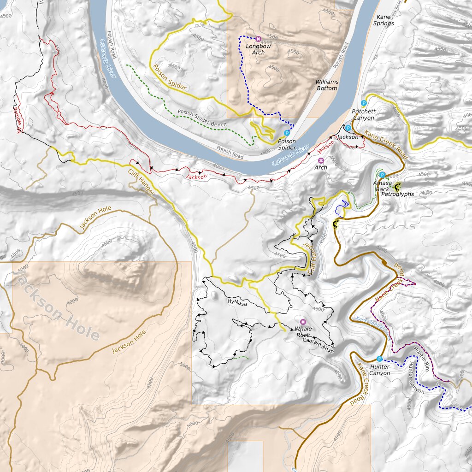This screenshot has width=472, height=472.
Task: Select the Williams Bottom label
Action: point(327,85)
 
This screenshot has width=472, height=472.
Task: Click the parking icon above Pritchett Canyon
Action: point(364,103)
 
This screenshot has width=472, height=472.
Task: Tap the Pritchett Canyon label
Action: point(363,115)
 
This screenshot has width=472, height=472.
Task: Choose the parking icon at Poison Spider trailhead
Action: point(287,133)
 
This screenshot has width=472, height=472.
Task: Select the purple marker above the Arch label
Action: point(321,160)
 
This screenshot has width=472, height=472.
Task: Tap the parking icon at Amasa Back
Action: point(382,175)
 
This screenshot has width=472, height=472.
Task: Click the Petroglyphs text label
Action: point(397,195)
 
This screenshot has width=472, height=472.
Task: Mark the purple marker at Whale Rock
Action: point(302,322)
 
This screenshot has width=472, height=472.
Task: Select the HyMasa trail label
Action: point(237,302)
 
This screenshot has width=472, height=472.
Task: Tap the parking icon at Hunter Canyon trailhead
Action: point(379,359)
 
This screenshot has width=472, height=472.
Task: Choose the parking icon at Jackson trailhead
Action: point(348,128)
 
